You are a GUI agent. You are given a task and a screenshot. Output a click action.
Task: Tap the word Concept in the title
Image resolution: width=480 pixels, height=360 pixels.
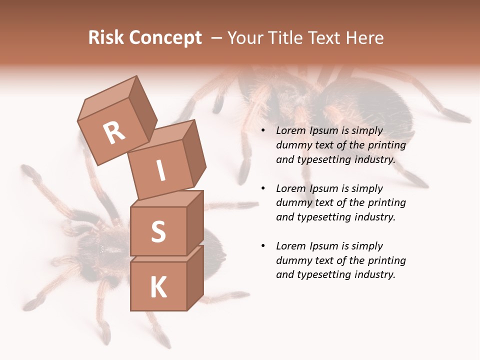[x=165, y=38]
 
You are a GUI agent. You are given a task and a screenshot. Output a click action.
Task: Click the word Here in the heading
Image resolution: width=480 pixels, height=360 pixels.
[x=364, y=38]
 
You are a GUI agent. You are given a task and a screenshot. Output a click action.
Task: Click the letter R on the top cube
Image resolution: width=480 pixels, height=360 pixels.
[x=114, y=133]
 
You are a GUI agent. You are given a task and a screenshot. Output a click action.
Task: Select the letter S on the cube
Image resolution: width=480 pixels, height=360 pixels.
[x=158, y=231]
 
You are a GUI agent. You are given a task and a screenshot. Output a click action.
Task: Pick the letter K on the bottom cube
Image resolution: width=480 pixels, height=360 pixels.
[x=158, y=287]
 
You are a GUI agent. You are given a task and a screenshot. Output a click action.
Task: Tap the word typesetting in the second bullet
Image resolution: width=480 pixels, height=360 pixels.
[x=326, y=217]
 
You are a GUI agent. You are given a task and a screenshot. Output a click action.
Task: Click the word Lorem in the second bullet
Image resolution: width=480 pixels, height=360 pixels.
[x=291, y=188]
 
